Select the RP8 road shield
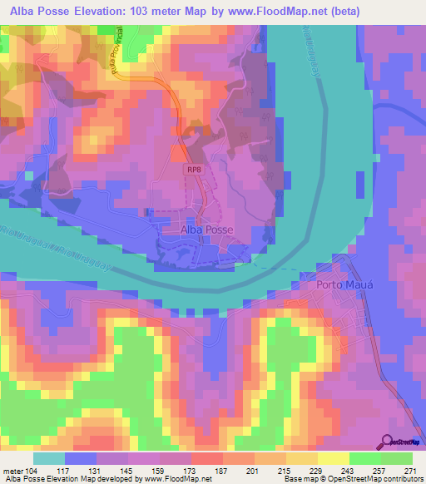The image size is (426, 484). click(194, 169)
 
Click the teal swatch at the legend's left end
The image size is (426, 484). click(49, 458)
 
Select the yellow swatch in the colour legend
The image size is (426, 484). click(334, 458)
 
